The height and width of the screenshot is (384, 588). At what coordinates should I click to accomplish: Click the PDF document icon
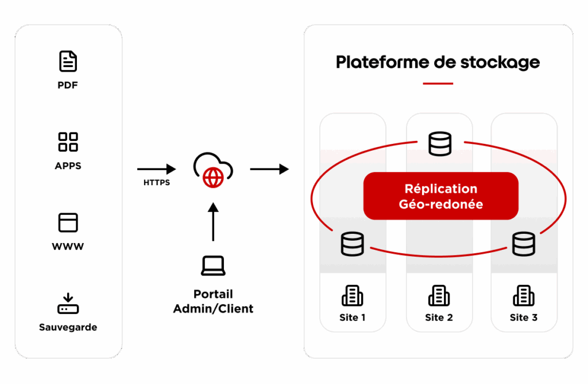tap(68, 61)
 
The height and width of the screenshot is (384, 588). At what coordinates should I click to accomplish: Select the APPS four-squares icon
tap(68, 142)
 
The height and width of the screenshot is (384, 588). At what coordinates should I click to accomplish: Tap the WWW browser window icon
tap(68, 222)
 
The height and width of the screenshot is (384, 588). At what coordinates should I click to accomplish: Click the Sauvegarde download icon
tap(68, 304)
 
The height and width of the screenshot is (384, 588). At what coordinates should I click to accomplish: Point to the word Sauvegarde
tap(68, 328)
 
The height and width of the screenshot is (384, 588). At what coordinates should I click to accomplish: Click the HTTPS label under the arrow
tap(157, 183)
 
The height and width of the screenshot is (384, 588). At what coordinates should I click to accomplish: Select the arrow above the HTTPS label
tap(157, 169)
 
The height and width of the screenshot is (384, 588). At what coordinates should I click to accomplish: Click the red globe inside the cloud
tap(213, 178)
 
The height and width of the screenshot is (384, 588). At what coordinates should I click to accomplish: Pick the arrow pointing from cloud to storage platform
tap(269, 169)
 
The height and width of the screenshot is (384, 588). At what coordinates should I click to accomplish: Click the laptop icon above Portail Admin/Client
tap(213, 265)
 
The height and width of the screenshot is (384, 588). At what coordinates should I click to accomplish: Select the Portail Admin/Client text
tap(213, 301)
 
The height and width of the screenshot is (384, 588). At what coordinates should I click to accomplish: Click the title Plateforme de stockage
tap(438, 62)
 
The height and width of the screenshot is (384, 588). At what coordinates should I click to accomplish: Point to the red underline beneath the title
tap(438, 84)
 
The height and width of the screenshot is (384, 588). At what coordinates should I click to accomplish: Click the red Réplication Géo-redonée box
tap(441, 196)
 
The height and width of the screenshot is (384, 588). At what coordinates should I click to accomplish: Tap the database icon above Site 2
tap(440, 144)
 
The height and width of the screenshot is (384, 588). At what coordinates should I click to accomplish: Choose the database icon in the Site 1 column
tap(353, 244)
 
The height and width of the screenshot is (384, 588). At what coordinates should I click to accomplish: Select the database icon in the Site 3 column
tap(524, 244)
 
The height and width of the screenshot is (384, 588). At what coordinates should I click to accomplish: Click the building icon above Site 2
tap(439, 296)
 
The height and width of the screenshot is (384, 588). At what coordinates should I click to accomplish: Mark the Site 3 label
tap(524, 318)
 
